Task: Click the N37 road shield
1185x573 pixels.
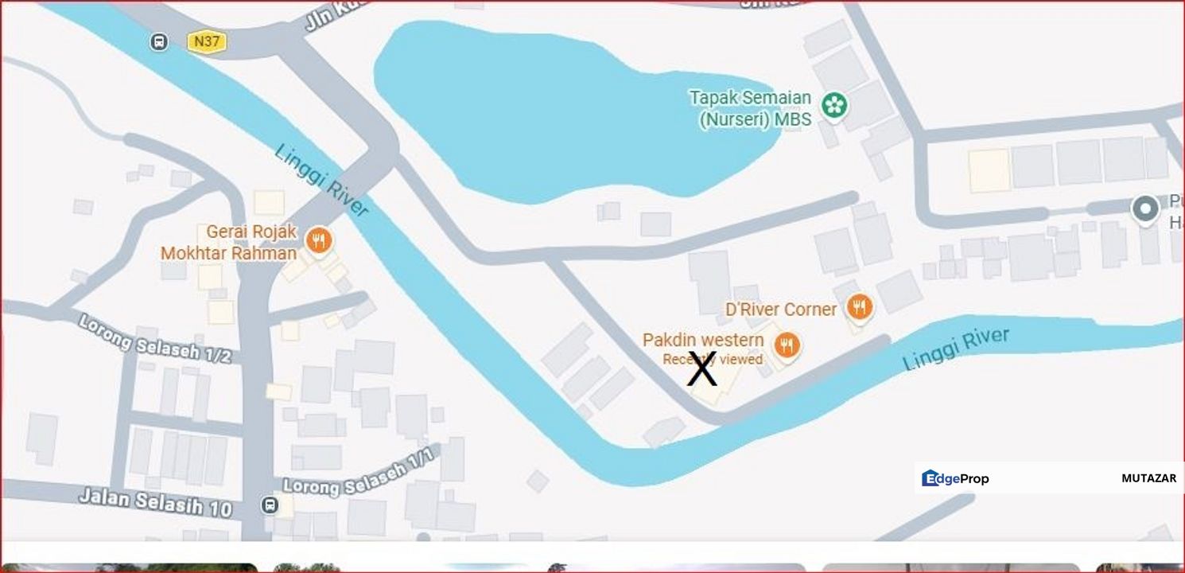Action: click(x=207, y=41)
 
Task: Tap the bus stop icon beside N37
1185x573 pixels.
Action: click(x=159, y=41)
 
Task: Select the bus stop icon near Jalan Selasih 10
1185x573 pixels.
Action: click(x=270, y=505)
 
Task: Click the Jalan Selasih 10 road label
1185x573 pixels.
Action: click(x=155, y=501)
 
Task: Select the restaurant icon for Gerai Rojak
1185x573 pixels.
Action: click(x=319, y=240)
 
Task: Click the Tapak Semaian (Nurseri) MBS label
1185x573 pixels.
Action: click(x=750, y=108)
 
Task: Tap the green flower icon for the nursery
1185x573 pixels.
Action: click(x=833, y=105)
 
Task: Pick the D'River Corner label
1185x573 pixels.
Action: click(x=780, y=309)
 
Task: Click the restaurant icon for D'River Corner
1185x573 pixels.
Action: click(x=859, y=306)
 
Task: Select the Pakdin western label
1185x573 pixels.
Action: click(x=703, y=340)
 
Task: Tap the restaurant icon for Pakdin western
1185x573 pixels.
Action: click(x=787, y=345)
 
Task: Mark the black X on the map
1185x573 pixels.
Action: click(x=701, y=370)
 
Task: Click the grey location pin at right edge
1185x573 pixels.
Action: click(x=1145, y=209)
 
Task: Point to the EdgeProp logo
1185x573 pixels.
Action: click(x=955, y=478)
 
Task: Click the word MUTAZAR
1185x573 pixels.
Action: click(x=1148, y=478)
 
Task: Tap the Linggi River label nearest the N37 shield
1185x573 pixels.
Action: click(x=322, y=180)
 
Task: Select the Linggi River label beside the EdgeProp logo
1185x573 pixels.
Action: click(x=956, y=349)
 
